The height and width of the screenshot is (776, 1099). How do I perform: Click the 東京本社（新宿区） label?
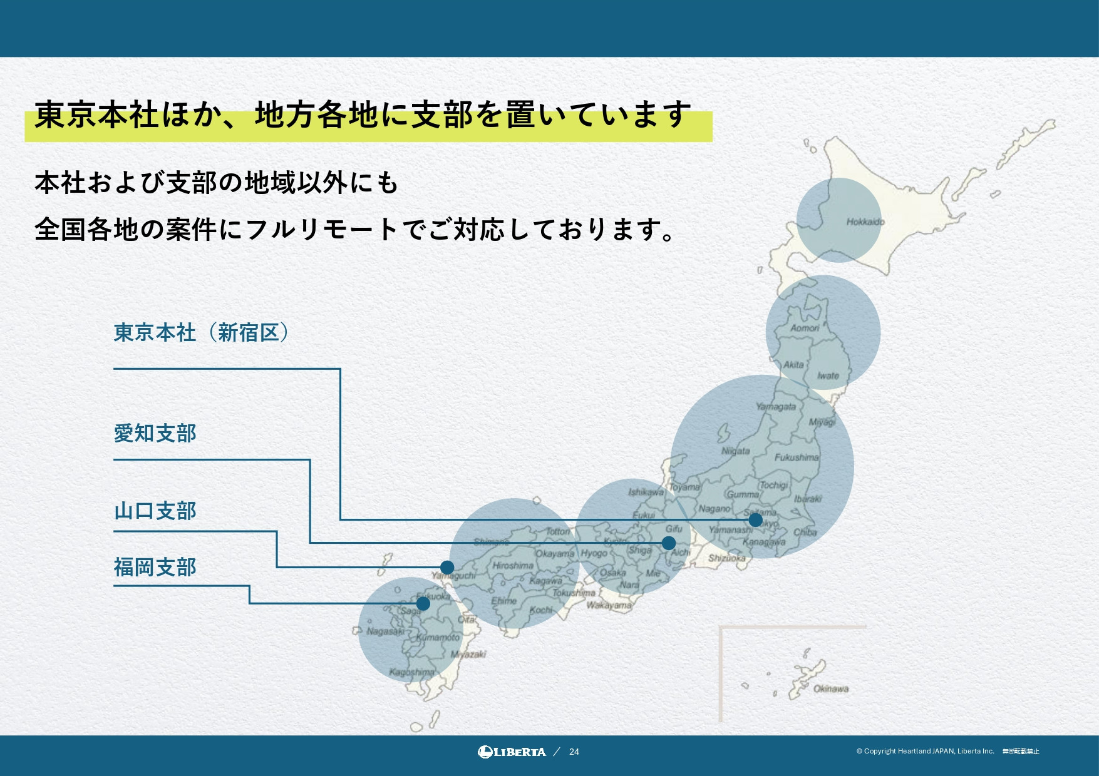(201, 332)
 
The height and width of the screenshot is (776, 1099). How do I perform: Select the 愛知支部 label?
(155, 433)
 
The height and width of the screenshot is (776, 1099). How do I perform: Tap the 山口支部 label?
(155, 511)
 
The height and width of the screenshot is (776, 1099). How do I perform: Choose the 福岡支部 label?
(155, 567)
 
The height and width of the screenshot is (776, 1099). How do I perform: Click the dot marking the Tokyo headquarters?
(755, 519)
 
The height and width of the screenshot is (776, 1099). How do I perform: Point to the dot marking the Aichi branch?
(669, 543)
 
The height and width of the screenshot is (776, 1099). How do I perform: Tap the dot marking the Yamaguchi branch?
(446, 568)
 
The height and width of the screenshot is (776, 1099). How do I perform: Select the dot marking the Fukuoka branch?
(423, 603)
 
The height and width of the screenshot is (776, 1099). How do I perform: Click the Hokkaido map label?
(865, 222)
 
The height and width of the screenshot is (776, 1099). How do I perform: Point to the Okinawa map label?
(831, 688)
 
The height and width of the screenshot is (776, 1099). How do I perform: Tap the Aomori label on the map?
(805, 328)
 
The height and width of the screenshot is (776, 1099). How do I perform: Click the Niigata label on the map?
(735, 451)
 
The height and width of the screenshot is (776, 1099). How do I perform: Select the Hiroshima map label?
(513, 565)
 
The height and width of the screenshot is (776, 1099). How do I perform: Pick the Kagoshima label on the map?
(411, 672)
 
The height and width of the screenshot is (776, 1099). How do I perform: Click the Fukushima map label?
(797, 457)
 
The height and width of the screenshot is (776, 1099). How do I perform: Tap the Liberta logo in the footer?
(512, 752)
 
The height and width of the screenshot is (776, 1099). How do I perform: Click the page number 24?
(574, 752)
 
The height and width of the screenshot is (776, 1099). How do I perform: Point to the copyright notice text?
(925, 751)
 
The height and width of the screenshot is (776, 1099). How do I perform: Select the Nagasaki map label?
(385, 631)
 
